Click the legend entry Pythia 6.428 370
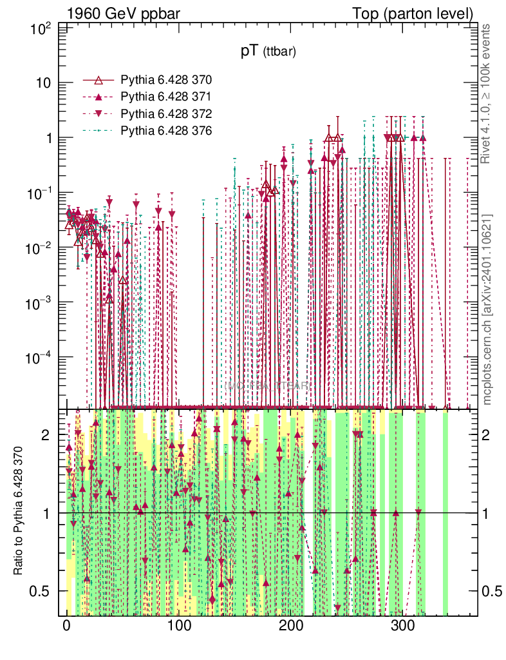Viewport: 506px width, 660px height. [166, 80]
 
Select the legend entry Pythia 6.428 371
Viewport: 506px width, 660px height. [166, 97]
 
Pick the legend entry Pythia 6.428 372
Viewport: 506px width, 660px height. [166, 113]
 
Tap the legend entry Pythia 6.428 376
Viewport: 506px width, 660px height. [166, 130]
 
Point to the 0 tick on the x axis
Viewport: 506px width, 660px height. [66, 627]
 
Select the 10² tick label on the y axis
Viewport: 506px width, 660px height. [41, 28]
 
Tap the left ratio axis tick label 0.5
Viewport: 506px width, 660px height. [40, 591]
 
